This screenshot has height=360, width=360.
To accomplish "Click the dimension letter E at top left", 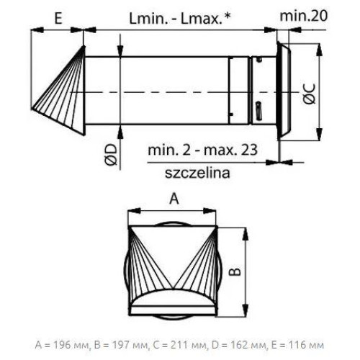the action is (58, 19).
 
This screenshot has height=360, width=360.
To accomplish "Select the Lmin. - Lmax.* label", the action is (180, 19).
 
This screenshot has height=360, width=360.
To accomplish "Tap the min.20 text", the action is (304, 16).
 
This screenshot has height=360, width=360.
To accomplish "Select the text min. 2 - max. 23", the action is (202, 150).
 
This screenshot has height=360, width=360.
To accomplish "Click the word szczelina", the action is (197, 173).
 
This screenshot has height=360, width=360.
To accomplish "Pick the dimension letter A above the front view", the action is (174, 199).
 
